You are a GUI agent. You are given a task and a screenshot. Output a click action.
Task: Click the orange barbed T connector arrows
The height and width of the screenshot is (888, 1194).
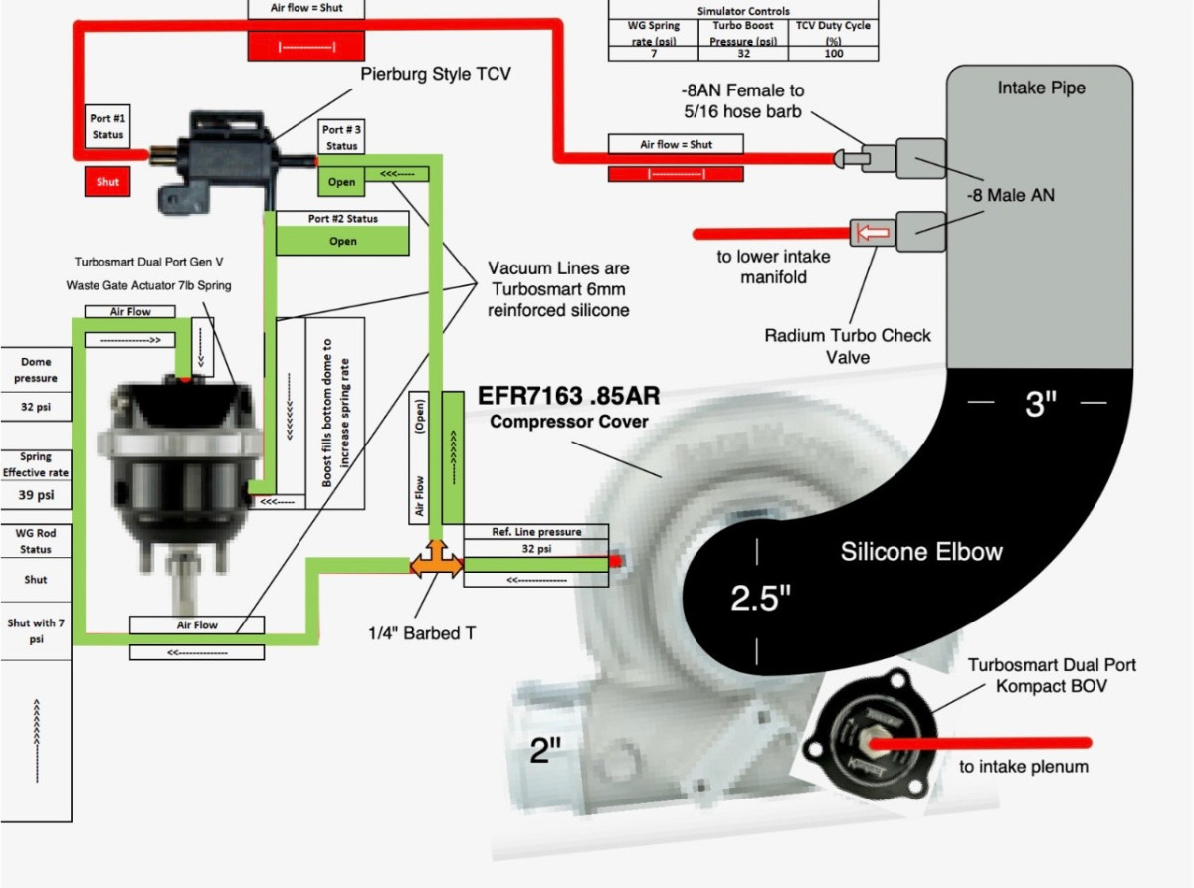[x=436, y=565]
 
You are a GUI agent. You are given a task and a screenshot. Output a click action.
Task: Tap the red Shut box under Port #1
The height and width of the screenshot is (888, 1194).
[x=107, y=182]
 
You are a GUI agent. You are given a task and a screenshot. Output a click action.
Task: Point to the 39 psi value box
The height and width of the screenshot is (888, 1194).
[x=36, y=495]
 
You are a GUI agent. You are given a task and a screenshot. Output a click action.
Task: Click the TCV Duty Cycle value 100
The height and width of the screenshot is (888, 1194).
[x=834, y=54]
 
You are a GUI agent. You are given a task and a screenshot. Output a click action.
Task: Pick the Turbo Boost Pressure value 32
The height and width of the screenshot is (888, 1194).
[x=744, y=54]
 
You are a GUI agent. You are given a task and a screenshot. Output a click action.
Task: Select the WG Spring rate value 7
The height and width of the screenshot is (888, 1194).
[x=653, y=54]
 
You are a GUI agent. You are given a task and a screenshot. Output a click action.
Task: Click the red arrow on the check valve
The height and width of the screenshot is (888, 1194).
[x=872, y=234]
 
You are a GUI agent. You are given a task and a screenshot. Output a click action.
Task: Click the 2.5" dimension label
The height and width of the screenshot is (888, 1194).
[x=760, y=598]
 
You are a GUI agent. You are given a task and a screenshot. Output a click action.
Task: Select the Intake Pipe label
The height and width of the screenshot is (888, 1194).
[x=1041, y=89]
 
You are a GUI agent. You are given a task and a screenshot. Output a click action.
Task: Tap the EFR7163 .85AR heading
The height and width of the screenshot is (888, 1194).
[x=569, y=396]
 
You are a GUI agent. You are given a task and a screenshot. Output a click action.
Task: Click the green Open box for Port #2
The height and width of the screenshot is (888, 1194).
[x=342, y=241]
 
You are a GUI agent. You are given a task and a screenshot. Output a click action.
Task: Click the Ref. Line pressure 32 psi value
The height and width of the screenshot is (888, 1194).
[x=536, y=549]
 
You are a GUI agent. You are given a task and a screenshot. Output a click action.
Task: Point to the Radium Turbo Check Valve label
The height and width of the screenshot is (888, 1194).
[x=848, y=346]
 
